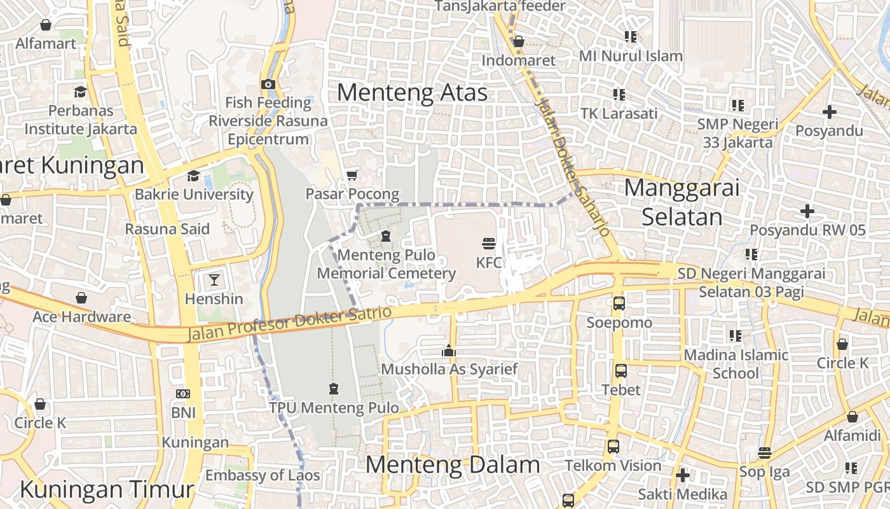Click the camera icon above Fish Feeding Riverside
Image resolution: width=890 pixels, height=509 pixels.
coord(268,84)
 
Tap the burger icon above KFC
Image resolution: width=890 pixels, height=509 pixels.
coord(488,244)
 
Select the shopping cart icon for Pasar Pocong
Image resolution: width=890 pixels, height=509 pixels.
coord(352,175)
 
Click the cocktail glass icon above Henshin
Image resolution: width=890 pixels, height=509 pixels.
coord(214,279)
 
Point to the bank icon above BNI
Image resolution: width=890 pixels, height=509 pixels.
coord(183,394)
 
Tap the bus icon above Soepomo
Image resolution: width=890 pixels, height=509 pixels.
coord(619,303)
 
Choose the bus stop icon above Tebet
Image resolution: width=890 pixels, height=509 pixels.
coord(620,370)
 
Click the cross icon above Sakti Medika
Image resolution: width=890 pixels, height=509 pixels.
coord(682,475)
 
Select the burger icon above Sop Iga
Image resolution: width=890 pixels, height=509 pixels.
coord(764,453)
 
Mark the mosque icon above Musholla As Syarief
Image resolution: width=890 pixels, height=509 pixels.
coord(449,350)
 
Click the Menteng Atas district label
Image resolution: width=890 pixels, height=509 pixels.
coord(412,93)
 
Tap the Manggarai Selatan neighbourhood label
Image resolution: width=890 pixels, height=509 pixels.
coord(681,202)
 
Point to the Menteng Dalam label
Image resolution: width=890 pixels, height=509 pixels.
coord(452,465)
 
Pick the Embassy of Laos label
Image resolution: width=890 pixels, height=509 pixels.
coord(263,475)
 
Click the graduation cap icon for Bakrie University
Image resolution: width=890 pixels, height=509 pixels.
coord(193,176)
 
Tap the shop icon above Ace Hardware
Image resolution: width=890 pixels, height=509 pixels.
coord(81,298)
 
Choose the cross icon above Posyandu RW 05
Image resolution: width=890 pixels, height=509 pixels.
coord(807,211)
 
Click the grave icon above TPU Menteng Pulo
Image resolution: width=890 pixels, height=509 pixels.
coord(334,389)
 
